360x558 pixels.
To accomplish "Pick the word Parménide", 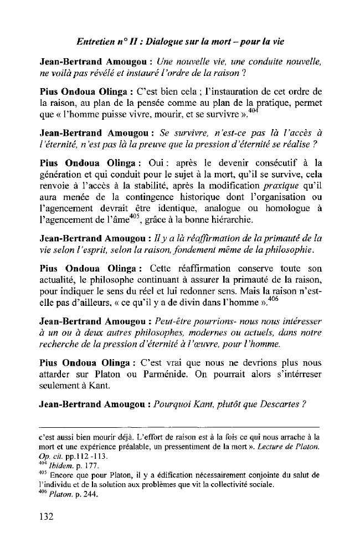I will (199, 375).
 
